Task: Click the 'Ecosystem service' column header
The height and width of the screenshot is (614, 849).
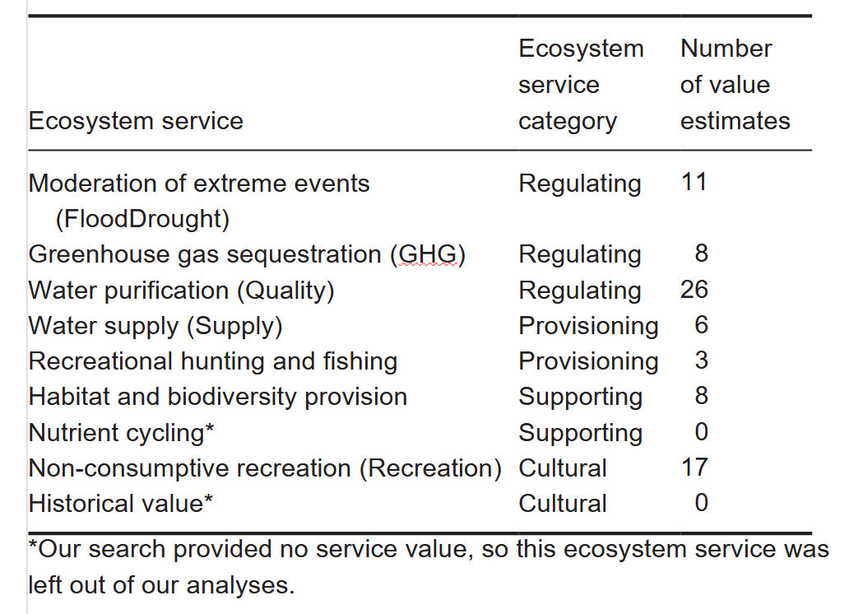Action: click(x=136, y=121)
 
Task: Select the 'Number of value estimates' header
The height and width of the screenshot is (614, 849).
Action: click(x=735, y=85)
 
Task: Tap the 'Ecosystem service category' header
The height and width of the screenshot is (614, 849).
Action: click(x=581, y=85)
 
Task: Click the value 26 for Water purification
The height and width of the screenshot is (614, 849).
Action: click(x=694, y=289)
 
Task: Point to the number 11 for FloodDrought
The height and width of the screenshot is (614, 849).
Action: click(x=694, y=182)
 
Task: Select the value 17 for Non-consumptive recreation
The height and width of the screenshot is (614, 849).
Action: click(x=694, y=467)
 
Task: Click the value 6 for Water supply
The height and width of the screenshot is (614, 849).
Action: click(x=701, y=324)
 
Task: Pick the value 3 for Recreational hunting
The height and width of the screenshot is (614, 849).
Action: click(x=701, y=360)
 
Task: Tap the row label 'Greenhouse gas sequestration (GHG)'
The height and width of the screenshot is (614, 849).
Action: click(x=247, y=254)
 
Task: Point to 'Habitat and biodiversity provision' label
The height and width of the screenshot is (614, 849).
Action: click(x=218, y=397)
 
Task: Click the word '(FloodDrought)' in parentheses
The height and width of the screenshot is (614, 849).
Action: click(x=141, y=219)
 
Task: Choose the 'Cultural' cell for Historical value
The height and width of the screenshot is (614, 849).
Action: click(x=563, y=503)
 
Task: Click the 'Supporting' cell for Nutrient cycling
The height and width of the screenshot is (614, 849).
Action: click(x=580, y=432)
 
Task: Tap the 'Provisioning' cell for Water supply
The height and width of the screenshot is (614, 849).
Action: click(x=588, y=326)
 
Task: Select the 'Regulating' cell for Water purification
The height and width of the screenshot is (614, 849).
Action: click(x=580, y=290)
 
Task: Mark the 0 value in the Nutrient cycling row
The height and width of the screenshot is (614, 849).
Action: click(x=701, y=431)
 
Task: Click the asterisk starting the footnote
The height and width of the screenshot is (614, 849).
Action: click(x=34, y=547)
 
